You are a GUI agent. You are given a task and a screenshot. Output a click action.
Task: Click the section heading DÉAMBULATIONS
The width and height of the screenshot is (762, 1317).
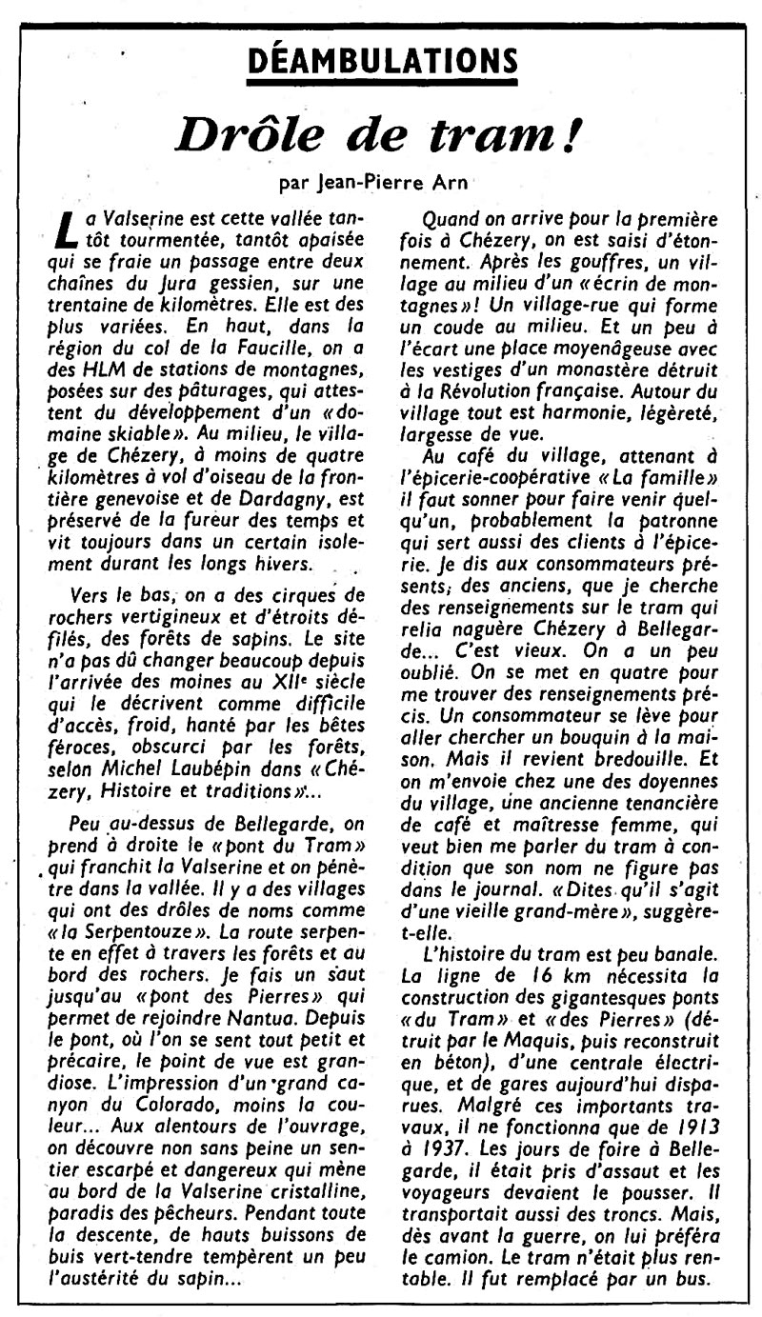380,64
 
